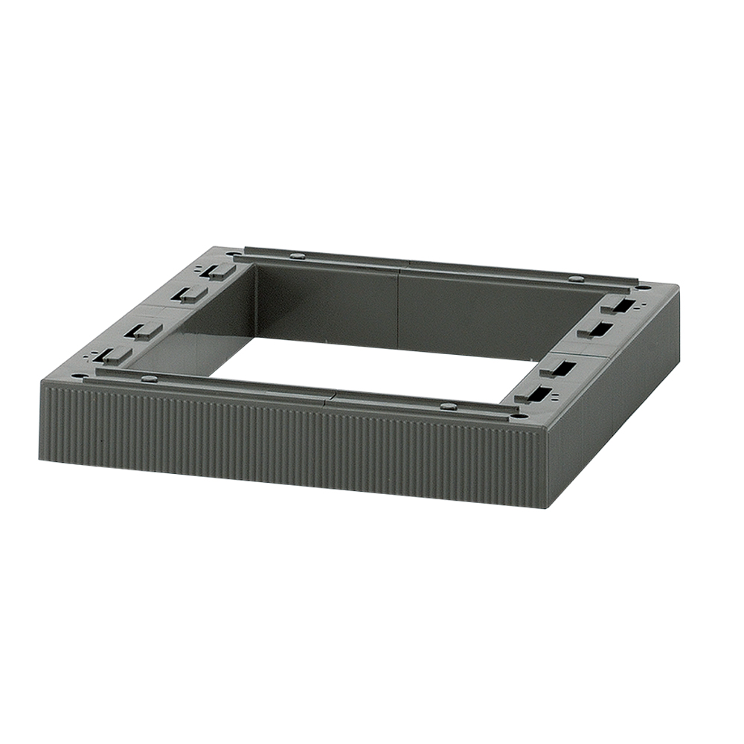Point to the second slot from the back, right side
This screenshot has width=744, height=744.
(598, 330)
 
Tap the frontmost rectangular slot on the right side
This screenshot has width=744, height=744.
(534, 394)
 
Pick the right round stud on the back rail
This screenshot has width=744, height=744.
(575, 279)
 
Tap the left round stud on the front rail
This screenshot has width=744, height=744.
(149, 379)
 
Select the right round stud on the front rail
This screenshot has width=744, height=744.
(448, 406)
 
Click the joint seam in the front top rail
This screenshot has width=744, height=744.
(330, 397)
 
